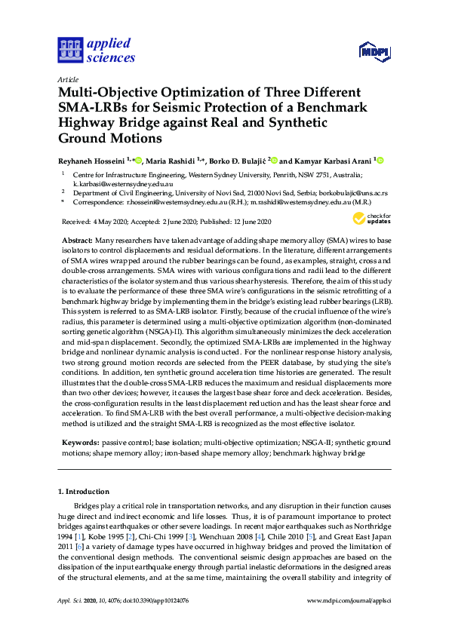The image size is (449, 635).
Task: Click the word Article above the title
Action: [66, 78]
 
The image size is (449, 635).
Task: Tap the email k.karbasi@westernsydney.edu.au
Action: [112, 183]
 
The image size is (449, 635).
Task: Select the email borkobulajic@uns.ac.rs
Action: [352, 192]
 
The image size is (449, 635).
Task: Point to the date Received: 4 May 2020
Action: [90, 222]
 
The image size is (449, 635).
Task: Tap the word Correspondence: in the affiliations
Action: [95, 201]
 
